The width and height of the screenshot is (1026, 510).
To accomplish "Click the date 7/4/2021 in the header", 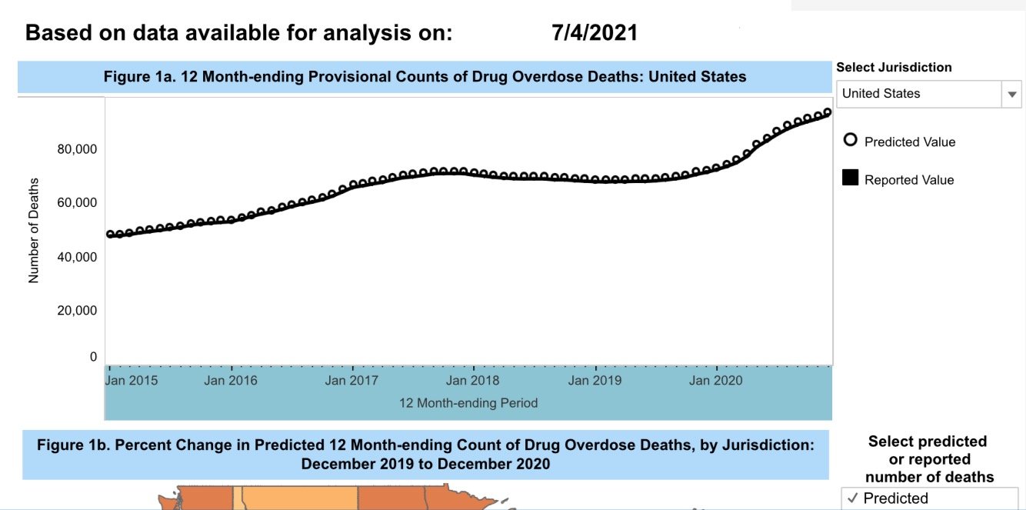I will click(x=595, y=32).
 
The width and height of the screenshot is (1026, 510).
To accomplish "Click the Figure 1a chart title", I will click(x=425, y=77).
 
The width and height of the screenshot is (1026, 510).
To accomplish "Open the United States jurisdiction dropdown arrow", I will click(x=1011, y=94).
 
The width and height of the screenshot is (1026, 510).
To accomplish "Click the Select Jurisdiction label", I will click(x=894, y=67).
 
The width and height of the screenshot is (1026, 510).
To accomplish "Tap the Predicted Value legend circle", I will click(x=850, y=140).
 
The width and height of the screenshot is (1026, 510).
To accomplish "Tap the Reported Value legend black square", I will click(x=850, y=178).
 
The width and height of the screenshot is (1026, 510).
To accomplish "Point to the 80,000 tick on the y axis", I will click(x=77, y=148).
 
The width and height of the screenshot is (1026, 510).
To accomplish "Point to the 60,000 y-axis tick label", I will click(x=77, y=202).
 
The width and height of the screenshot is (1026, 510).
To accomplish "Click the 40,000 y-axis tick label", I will click(x=77, y=256).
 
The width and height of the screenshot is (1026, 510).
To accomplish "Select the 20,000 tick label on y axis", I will click(x=77, y=310).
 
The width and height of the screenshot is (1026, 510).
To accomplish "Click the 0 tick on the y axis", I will click(x=93, y=357).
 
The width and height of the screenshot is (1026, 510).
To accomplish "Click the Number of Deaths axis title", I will click(x=34, y=231).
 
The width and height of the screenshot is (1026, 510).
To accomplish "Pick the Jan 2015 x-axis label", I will click(x=132, y=380).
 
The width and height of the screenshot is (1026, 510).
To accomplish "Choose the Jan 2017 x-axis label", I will click(x=351, y=380).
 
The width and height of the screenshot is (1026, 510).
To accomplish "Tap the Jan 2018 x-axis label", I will click(x=473, y=380).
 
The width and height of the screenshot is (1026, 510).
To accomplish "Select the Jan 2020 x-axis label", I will click(x=715, y=380).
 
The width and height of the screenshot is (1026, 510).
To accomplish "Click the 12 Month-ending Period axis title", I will click(x=468, y=403).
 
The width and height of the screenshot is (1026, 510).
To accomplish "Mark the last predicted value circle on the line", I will click(x=828, y=112).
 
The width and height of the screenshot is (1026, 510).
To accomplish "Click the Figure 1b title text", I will click(x=425, y=455).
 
